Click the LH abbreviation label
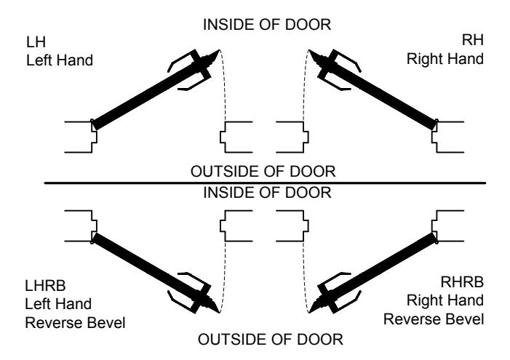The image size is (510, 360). [36, 42]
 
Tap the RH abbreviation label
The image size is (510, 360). [473, 40]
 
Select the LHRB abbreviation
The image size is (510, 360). [45, 286]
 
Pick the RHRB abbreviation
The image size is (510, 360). [462, 282]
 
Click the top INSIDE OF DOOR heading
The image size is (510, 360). [267, 25]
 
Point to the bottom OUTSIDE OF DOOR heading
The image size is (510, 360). [271, 340]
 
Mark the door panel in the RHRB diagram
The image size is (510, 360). [378, 270]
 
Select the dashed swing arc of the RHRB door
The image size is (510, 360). [304, 276]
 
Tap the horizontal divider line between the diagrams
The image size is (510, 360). [265, 183]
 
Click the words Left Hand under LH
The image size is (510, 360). [60, 60]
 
